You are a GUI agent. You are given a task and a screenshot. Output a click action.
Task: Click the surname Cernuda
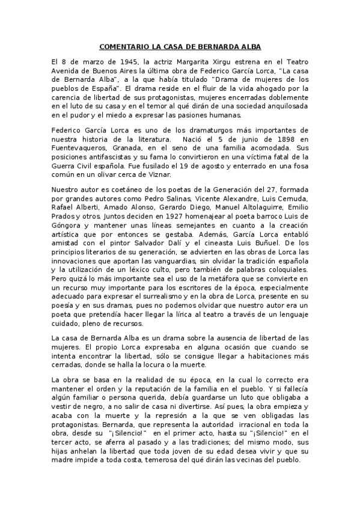coord(291,199)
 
